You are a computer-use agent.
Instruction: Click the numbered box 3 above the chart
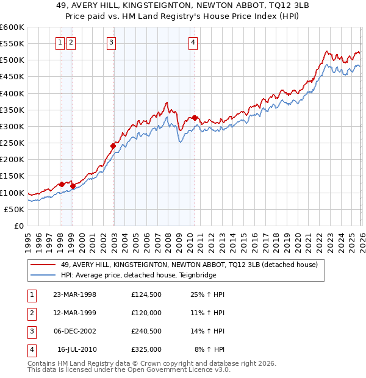[112, 42]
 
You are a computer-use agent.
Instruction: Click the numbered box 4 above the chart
[193, 42]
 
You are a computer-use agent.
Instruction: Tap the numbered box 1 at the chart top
[61, 42]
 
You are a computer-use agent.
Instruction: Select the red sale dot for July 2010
[195, 118]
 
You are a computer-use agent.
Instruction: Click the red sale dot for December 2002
[113, 146]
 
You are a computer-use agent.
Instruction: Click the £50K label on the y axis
[15, 209]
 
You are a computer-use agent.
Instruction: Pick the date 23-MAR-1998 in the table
[74, 294]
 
